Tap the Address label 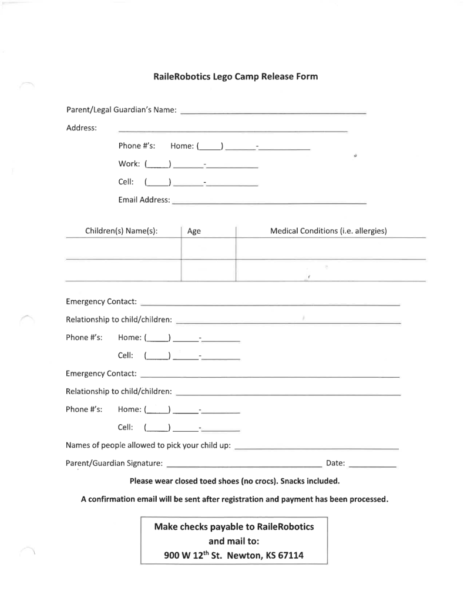tap(82, 127)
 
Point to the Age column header tap(194, 231)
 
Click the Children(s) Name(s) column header tap(122, 231)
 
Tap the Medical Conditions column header tap(328, 231)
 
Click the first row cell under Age tap(208, 249)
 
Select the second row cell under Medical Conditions tap(330, 270)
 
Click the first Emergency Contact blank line tap(270, 304)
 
